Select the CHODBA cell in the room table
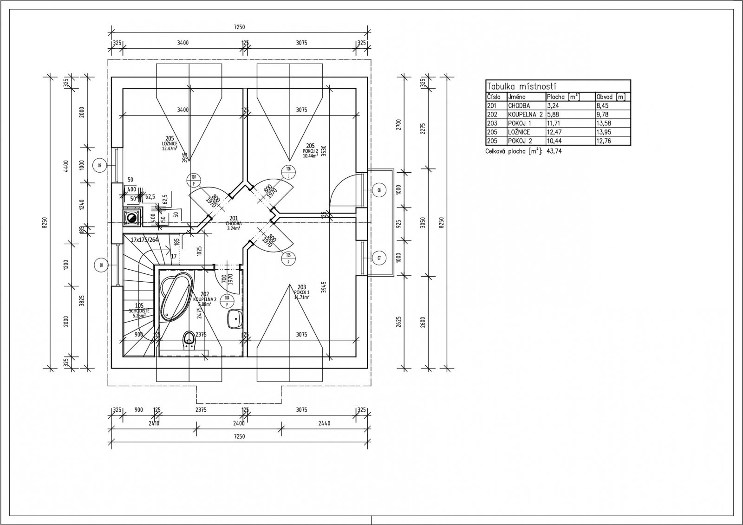point(519,106)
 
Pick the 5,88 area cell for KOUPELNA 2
point(554,114)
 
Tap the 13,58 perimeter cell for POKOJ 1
point(604,123)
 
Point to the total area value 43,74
point(554,151)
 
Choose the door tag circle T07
point(194,178)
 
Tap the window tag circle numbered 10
point(101,265)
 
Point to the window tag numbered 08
point(379,189)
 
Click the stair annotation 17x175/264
point(144,240)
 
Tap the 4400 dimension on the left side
point(66,166)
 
